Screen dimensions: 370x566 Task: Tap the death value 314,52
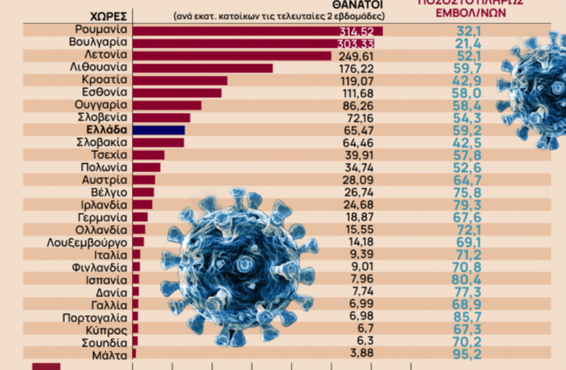(x=355, y=30)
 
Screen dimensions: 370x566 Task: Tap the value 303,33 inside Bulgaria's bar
(x=355, y=43)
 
